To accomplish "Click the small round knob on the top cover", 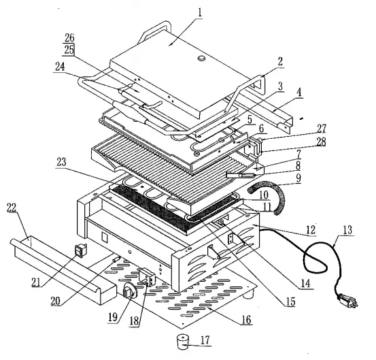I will click(202, 60).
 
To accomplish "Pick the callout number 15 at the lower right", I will click(291, 299).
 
